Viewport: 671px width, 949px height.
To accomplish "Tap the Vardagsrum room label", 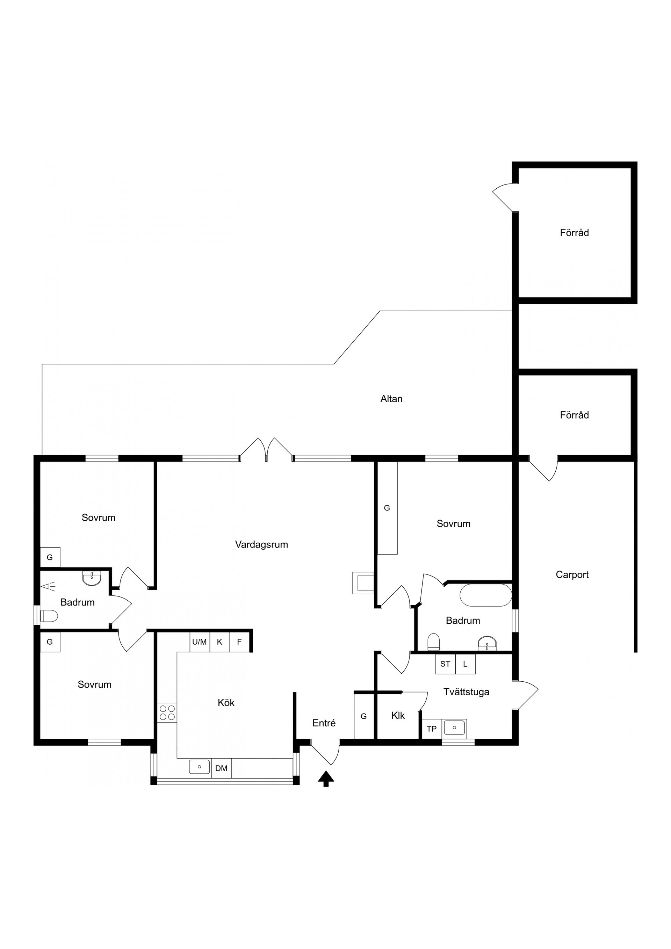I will [261, 545].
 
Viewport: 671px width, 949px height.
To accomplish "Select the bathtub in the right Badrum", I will [485, 595].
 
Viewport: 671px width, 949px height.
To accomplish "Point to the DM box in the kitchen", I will [221, 768].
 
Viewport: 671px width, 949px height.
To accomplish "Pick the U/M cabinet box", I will [199, 642].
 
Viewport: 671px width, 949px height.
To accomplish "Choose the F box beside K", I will [239, 642].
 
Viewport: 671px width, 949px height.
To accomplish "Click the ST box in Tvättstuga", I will [445, 664].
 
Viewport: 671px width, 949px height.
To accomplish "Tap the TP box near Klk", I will [431, 729].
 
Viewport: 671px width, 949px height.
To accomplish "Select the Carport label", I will [572, 574].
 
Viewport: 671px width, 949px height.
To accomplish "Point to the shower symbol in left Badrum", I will [48, 586].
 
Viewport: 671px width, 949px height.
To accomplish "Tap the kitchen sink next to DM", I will [200, 767].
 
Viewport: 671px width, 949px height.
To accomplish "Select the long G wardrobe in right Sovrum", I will [387, 508].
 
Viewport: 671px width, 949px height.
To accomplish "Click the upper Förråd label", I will [574, 233].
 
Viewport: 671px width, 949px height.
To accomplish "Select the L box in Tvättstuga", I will [465, 664].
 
